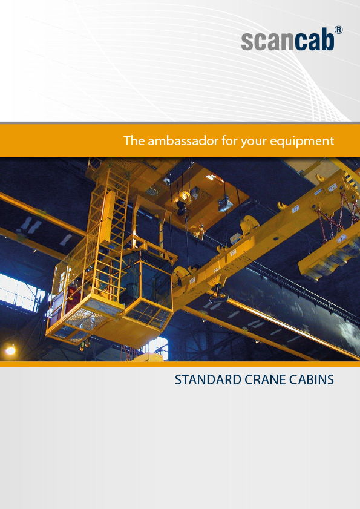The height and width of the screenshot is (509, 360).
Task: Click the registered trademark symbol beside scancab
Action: click(x=338, y=30)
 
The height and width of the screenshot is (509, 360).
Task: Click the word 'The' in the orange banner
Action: click(x=134, y=140)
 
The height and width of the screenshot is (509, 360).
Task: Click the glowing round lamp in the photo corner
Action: click(x=10, y=350)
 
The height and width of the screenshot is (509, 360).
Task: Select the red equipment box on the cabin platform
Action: click(x=70, y=298)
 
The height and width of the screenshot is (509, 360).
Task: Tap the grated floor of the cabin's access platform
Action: click(x=81, y=323)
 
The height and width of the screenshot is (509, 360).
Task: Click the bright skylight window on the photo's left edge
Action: click(x=20, y=292)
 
